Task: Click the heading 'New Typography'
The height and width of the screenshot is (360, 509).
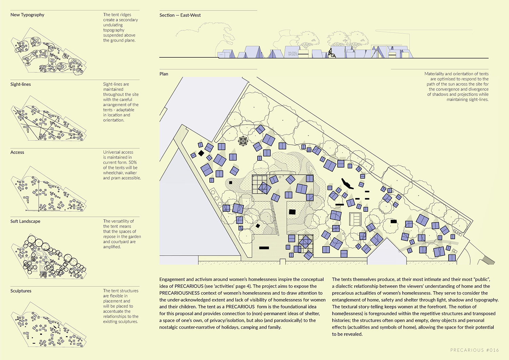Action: pos(27,15)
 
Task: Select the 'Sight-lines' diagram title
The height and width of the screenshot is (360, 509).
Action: pos(20,84)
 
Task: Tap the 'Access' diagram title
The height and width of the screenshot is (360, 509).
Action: pos(17,152)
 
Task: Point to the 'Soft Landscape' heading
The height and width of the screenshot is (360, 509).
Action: pos(25,222)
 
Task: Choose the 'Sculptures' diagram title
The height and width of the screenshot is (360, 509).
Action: pos(21,291)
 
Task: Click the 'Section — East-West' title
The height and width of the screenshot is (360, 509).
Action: pos(180,15)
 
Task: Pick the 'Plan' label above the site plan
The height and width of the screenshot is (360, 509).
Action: pos(164,74)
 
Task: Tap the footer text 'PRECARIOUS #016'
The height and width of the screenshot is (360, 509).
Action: pos(474,350)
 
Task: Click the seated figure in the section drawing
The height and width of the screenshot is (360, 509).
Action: pos(330,53)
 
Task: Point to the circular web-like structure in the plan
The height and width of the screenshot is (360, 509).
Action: pos(244,141)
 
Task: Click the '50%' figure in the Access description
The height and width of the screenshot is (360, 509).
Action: pos(133,163)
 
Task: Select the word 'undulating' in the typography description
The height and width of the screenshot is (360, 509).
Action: pos(113,25)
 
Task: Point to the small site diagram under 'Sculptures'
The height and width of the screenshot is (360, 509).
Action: pos(49,328)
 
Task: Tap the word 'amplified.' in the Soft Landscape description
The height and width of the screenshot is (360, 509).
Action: pos(112,247)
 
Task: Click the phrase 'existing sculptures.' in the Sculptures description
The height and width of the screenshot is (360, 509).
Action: pos(120,322)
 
